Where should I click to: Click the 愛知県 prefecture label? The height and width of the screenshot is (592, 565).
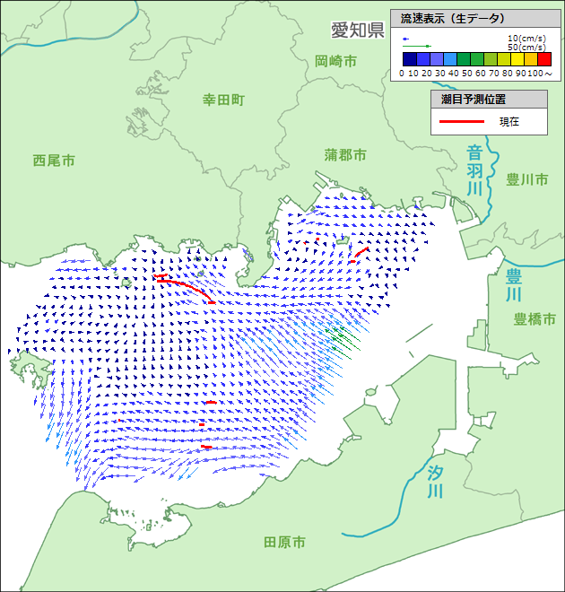coord(357,30)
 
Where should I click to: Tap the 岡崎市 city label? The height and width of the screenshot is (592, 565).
coord(335,61)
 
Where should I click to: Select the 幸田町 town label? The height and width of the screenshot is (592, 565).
coord(222,100)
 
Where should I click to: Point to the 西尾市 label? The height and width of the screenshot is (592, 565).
coord(54,161)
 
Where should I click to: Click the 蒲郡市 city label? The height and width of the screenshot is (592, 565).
coord(345,155)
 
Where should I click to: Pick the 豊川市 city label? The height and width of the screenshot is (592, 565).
coord(526,179)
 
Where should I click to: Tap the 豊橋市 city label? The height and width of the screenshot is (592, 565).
coord(535,318)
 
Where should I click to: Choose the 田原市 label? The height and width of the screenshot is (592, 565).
coord(284,542)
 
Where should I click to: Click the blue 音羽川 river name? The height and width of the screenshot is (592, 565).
coord(474,170)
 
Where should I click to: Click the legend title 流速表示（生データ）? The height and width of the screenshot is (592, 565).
coord(453,18)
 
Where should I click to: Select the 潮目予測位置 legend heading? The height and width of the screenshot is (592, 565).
coord(474,99)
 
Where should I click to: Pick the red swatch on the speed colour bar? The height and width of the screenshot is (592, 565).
coord(544,59)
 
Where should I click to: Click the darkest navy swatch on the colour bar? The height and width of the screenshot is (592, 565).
coord(407,59)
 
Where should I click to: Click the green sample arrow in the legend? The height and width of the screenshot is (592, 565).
coord(417,47)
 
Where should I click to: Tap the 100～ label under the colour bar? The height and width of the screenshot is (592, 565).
coord(540,72)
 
